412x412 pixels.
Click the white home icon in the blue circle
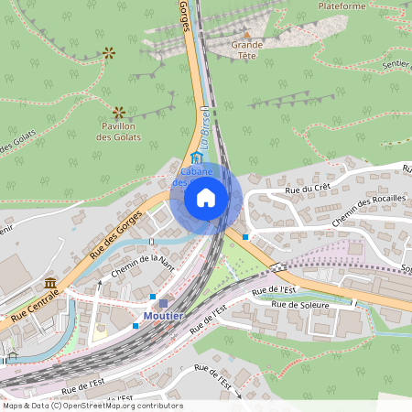(206, 197)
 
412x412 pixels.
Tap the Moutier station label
(163, 317)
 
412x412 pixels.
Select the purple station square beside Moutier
(164, 303)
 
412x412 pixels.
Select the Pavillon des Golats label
(119, 131)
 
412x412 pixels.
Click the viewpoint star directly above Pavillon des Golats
(118, 112)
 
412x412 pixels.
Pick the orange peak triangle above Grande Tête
(246, 35)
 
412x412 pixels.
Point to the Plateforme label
(342, 5)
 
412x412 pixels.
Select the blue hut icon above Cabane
(195, 158)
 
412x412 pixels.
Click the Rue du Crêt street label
(307, 189)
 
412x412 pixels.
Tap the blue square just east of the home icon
(245, 237)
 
